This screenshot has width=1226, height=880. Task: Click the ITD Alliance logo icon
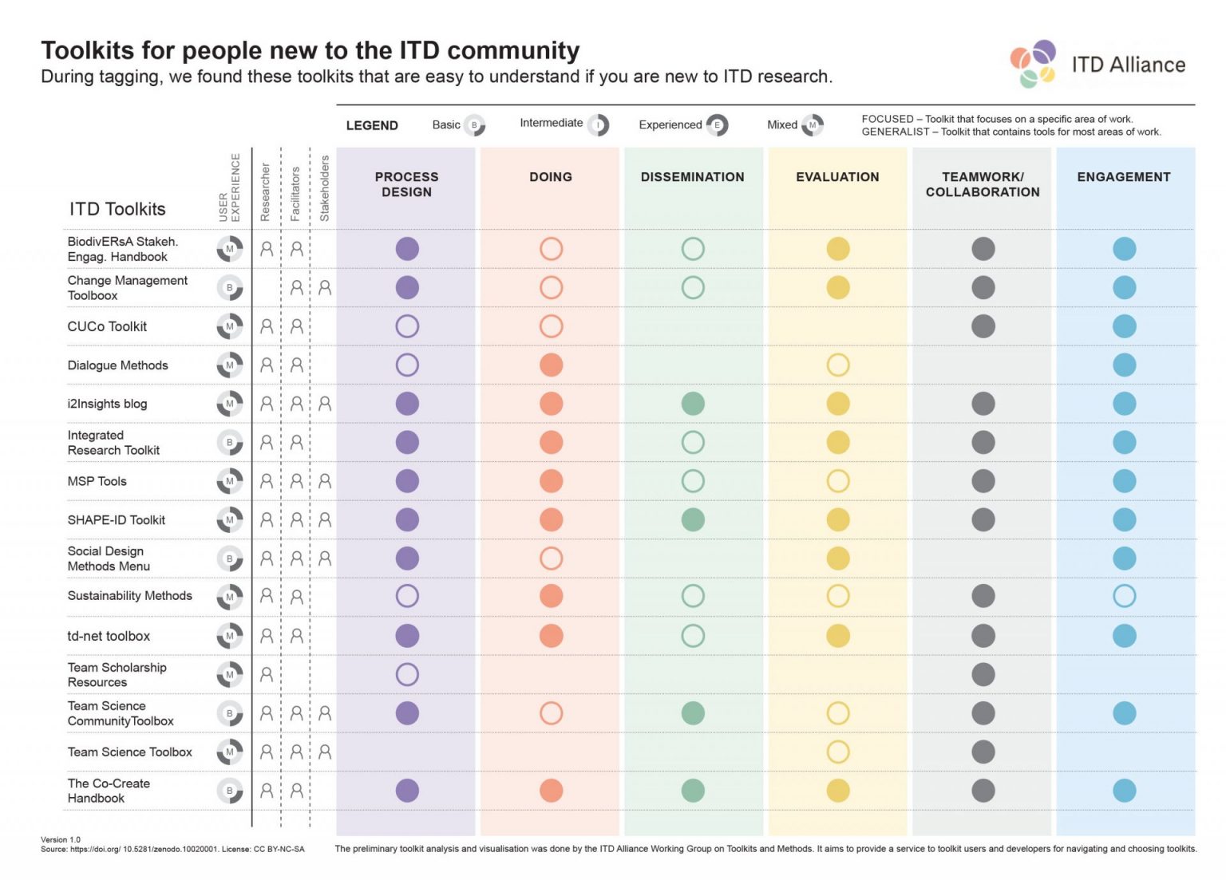click(1034, 64)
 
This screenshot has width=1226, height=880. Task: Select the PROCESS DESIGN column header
click(406, 184)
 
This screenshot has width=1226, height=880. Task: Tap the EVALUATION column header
click(837, 177)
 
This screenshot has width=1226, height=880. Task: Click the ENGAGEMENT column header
click(1123, 177)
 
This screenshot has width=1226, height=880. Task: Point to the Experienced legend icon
click(717, 125)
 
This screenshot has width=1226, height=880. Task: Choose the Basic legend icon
click(474, 125)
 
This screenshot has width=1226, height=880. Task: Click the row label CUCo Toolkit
click(107, 326)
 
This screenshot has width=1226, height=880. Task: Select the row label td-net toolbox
click(109, 636)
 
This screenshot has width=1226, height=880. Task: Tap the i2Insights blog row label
click(107, 404)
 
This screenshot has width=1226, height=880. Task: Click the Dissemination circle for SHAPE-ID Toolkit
click(693, 519)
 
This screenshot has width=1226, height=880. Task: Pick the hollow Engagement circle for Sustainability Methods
click(1124, 596)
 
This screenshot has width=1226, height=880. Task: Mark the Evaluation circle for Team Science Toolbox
click(837, 752)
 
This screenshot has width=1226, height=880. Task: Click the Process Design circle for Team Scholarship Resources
click(407, 674)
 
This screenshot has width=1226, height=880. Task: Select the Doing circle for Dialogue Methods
click(551, 365)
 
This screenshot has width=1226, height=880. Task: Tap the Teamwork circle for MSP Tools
click(983, 481)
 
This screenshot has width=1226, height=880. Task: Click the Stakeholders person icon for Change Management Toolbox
click(325, 287)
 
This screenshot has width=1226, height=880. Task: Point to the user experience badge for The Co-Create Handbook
click(230, 791)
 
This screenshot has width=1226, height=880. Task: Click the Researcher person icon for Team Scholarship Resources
click(267, 674)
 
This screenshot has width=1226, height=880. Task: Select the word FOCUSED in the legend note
click(887, 119)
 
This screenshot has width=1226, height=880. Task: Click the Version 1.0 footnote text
click(61, 839)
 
